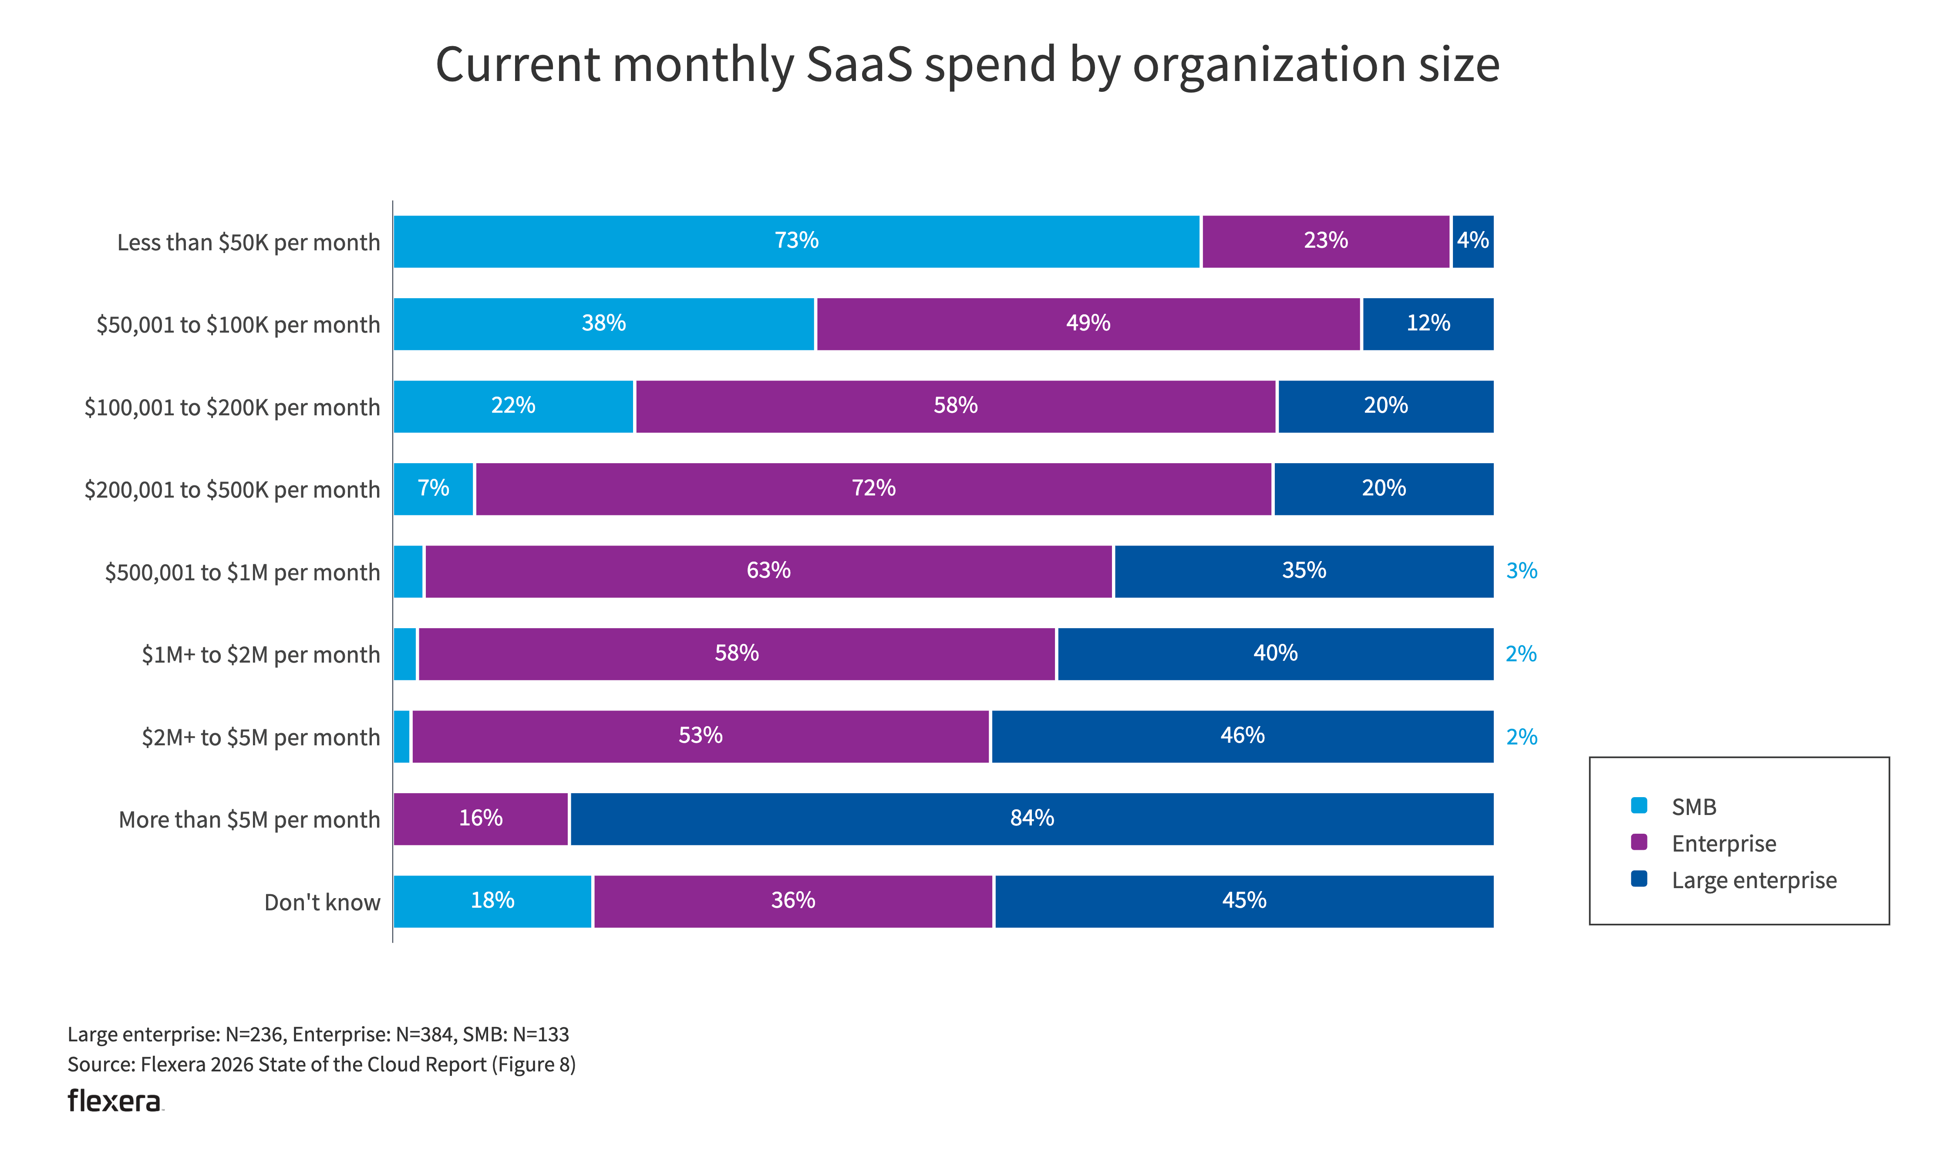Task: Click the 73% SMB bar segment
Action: pos(796,241)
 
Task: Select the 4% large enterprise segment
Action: pos(1472,241)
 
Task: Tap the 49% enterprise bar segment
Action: pos(1088,324)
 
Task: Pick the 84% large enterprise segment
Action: pos(1031,819)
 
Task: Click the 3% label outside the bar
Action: pos(1522,571)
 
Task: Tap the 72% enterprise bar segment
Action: pos(873,489)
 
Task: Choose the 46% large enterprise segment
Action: pos(1242,736)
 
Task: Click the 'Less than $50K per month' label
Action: pos(248,243)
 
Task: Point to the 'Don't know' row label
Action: pos(322,903)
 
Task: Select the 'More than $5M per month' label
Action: pos(249,820)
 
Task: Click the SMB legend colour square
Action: pos(1639,805)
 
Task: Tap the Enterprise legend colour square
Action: pos(1639,842)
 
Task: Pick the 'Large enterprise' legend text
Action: pos(1754,880)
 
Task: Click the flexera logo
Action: pos(115,1101)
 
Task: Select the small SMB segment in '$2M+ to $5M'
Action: pos(401,736)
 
